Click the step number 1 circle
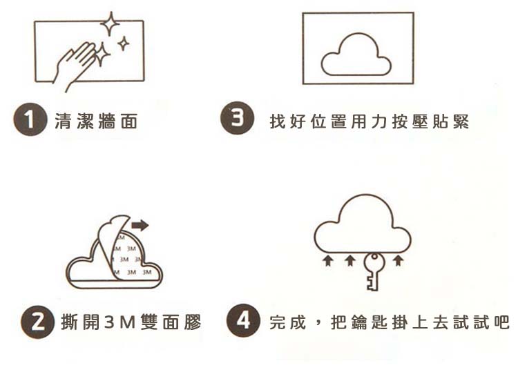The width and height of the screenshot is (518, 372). (30, 119)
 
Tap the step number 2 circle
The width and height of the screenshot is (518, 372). (37, 322)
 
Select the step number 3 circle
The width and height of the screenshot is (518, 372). (237, 118)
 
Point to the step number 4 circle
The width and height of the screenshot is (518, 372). (243, 320)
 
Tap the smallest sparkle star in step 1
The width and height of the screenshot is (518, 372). (124, 43)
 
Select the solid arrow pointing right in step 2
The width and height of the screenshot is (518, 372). (140, 226)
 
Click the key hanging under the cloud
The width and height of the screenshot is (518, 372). (374, 271)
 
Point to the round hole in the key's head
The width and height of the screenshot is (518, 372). (374, 257)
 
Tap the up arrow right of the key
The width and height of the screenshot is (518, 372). (399, 260)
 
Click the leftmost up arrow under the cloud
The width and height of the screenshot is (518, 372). (327, 260)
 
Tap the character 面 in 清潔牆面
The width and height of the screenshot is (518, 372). (129, 121)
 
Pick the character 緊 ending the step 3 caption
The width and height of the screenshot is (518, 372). (461, 121)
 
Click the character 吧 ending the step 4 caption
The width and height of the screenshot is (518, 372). (501, 322)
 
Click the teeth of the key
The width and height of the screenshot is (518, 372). (371, 283)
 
